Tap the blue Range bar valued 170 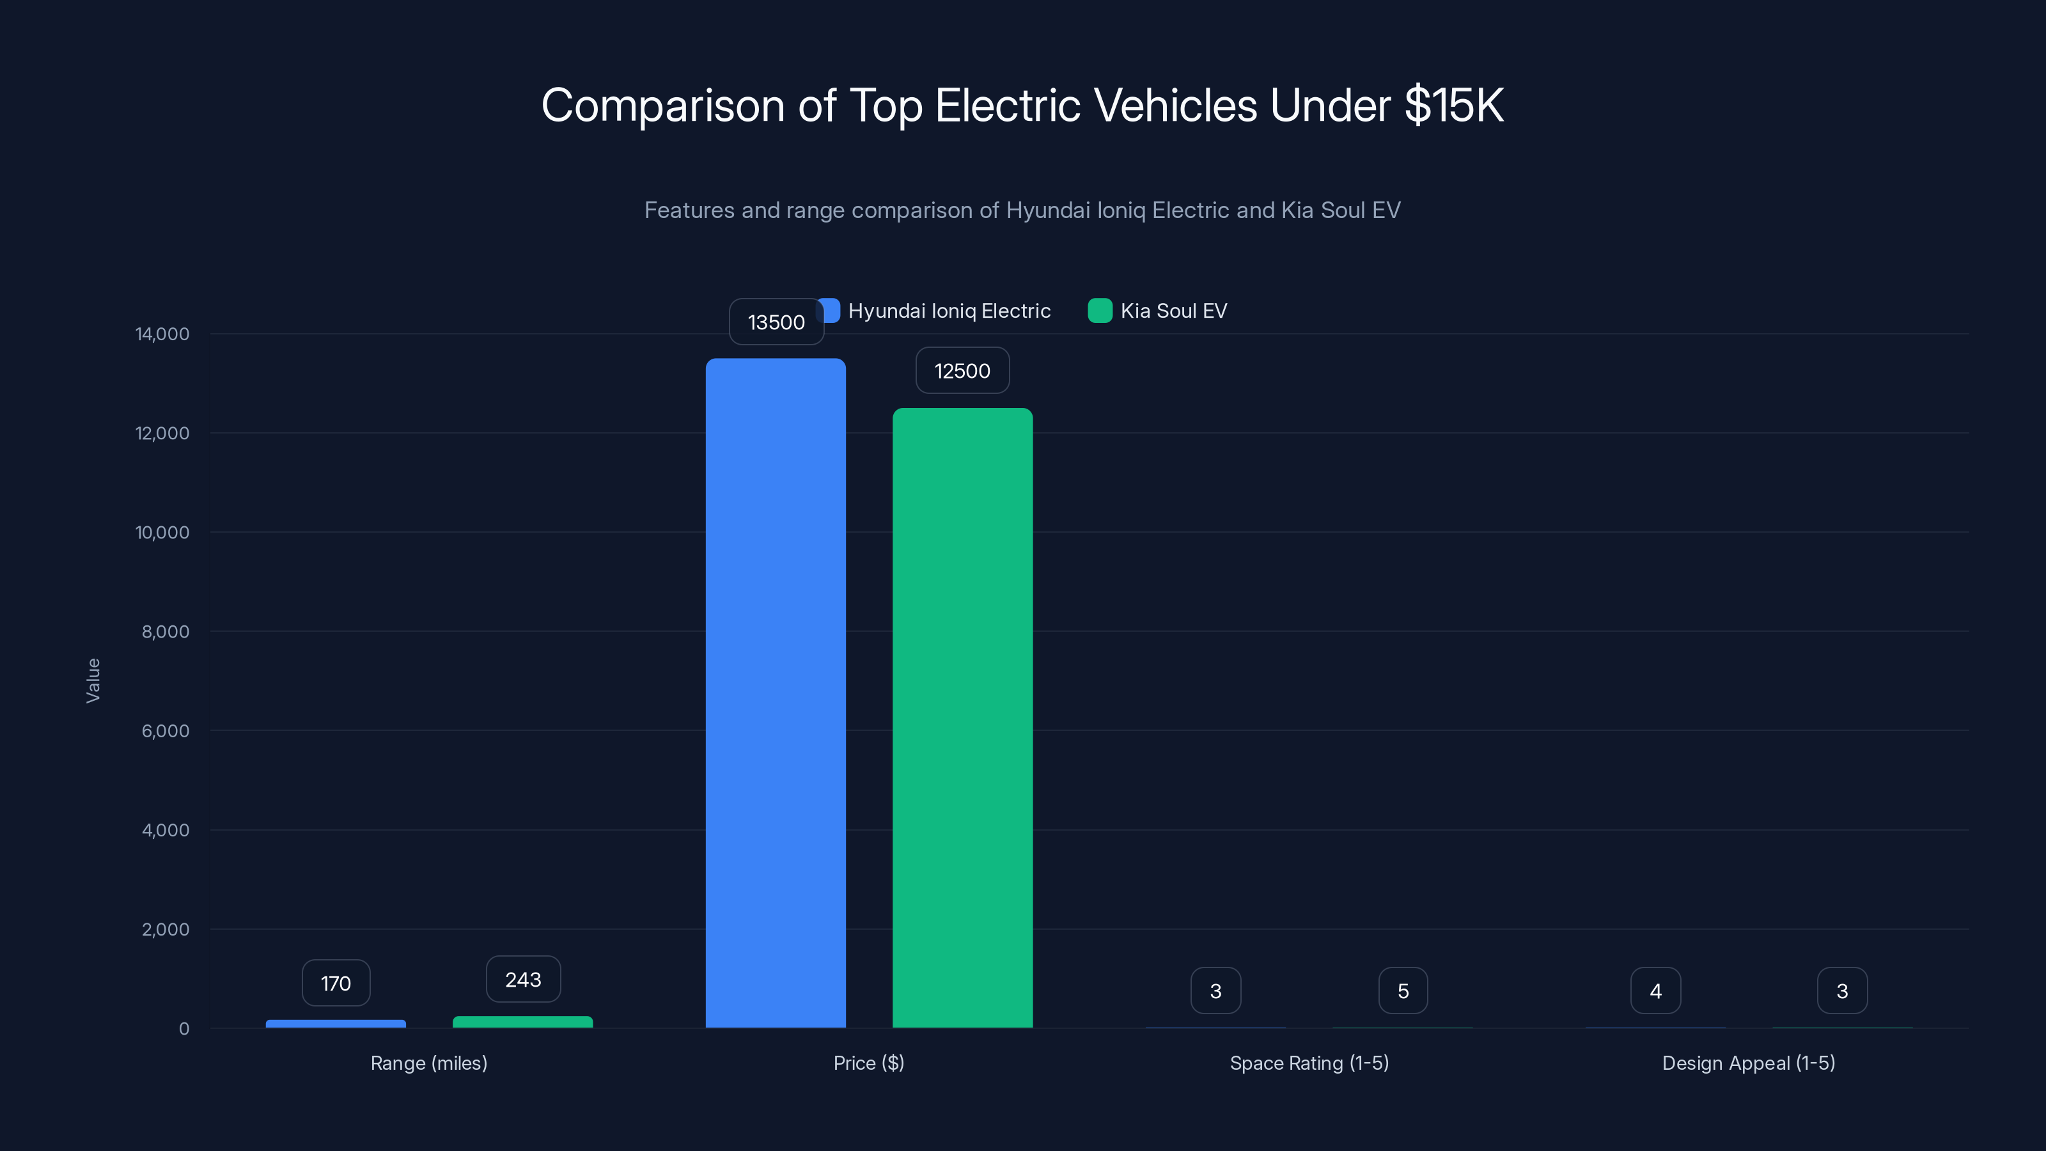click(335, 1023)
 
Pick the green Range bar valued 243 click(522, 1022)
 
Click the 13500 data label click(776, 322)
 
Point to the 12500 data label click(962, 370)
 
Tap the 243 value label click(522, 980)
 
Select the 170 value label click(335, 983)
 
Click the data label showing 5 click(1403, 990)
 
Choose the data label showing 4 click(1655, 990)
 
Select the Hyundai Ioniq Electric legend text click(948, 311)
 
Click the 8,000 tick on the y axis click(165, 632)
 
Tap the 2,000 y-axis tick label click(165, 929)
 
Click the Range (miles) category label click(429, 1063)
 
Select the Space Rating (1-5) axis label click(1309, 1063)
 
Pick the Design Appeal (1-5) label click(1748, 1063)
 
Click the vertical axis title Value click(93, 680)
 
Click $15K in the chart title click(1453, 105)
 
